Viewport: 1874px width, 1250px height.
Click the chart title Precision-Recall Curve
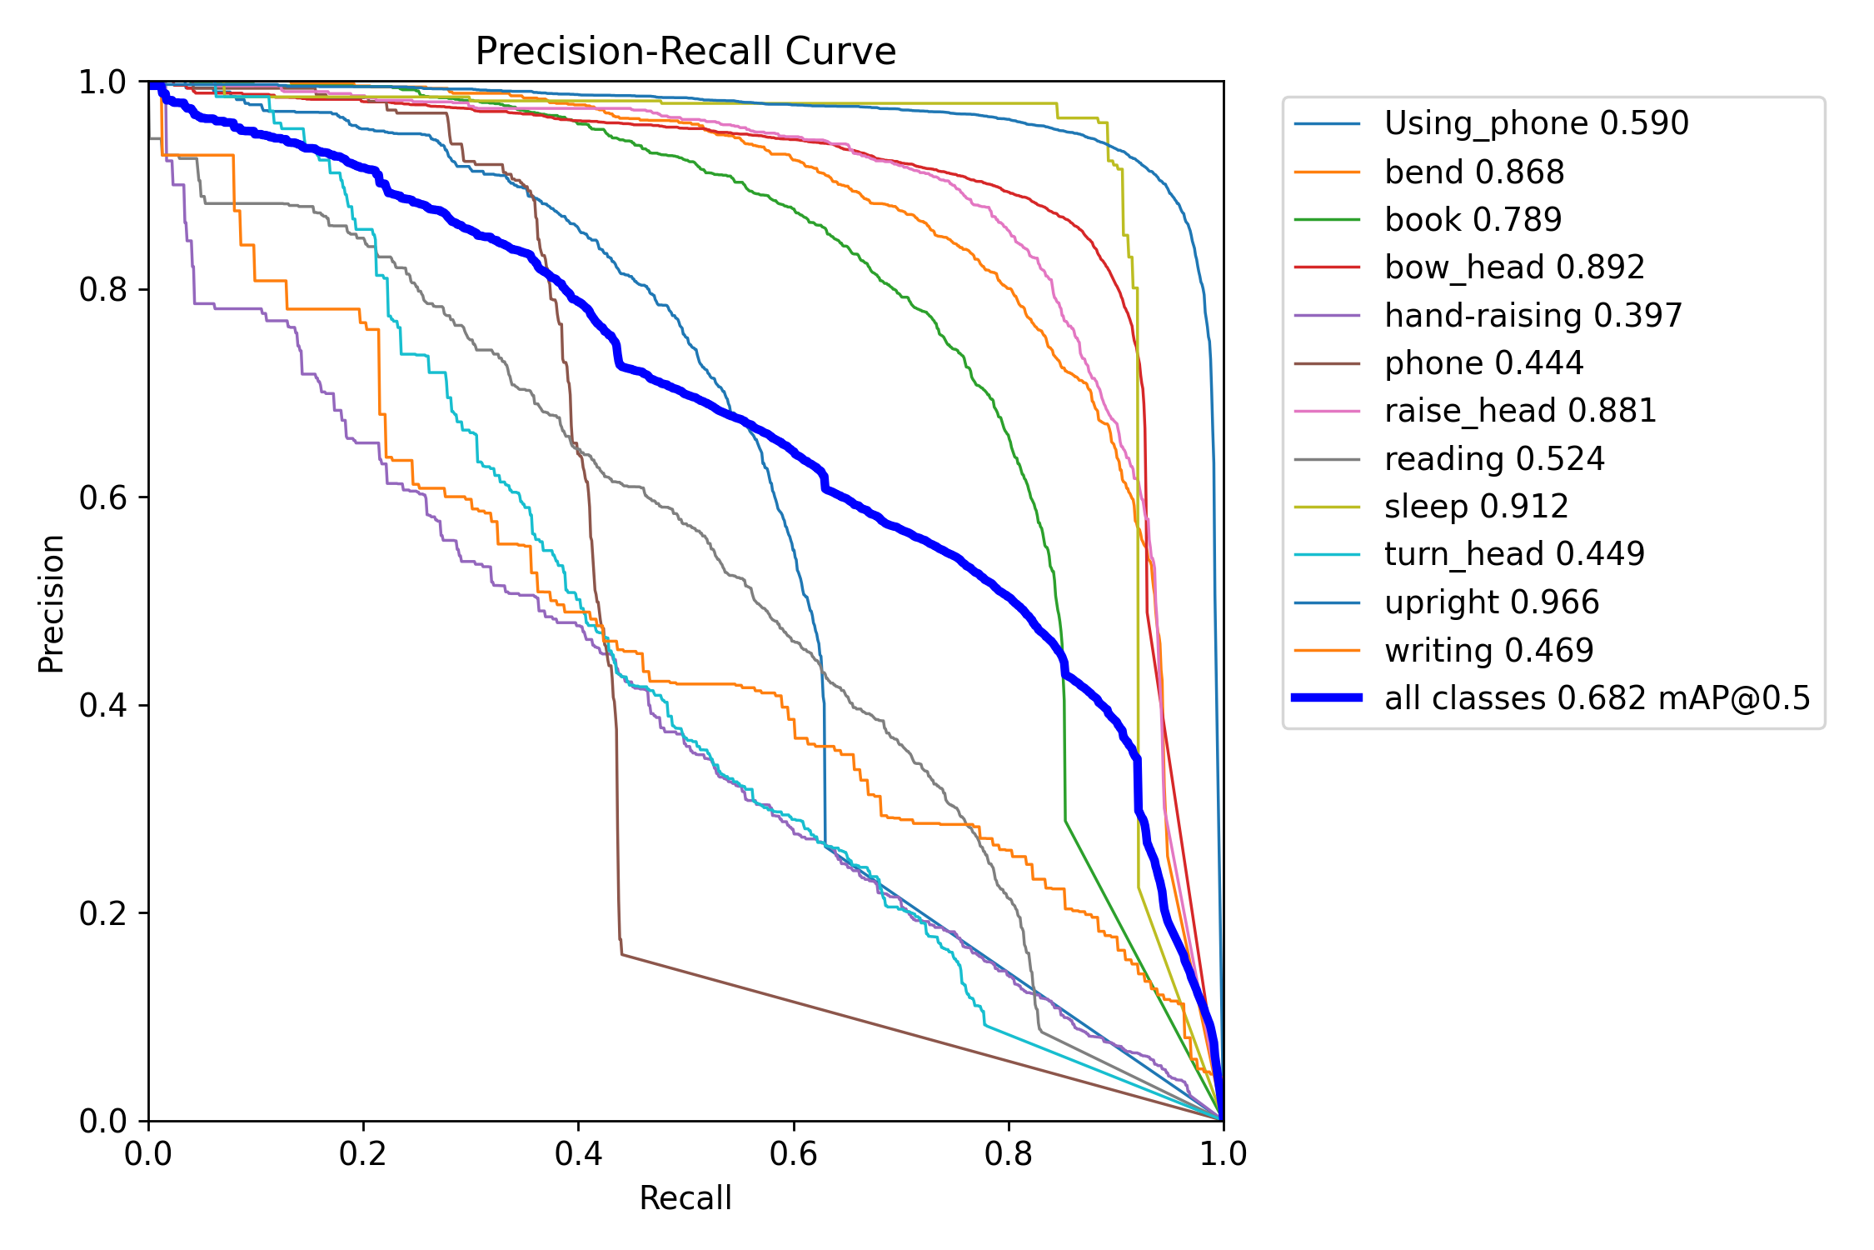pos(685,52)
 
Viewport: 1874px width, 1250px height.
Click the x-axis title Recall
pos(685,1198)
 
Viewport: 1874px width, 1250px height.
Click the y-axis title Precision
pos(52,603)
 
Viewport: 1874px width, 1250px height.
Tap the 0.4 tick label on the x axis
pos(579,1154)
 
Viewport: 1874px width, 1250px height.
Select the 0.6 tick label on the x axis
pos(794,1154)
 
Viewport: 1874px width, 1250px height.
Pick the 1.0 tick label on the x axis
pos(1224,1154)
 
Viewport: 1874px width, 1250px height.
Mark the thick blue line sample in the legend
pos(1327,698)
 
